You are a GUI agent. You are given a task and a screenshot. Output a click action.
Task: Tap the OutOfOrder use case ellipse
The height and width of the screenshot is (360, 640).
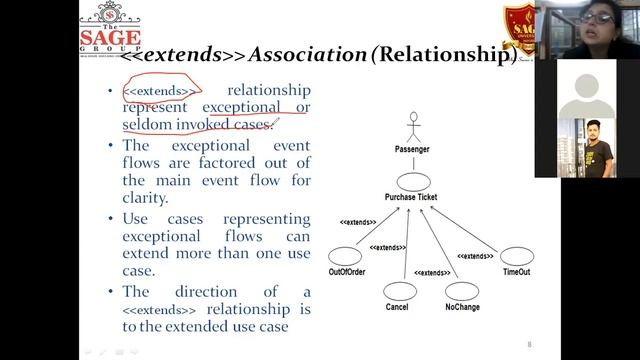coord(345,256)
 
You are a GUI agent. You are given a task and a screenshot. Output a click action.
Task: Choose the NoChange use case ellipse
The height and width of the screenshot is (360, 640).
coord(461,290)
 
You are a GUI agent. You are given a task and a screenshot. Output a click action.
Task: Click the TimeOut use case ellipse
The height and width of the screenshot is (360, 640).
coord(517,256)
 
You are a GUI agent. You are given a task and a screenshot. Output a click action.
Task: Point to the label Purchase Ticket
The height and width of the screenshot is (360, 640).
coord(410,198)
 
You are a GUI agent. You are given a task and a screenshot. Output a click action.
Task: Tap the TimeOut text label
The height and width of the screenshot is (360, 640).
coord(517,273)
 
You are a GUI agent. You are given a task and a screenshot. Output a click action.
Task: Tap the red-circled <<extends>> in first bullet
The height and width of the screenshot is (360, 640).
coord(160,91)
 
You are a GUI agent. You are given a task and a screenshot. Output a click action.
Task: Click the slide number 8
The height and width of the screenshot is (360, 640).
coord(529,345)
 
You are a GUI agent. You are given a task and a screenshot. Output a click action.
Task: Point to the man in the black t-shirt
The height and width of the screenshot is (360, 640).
coord(599,155)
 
